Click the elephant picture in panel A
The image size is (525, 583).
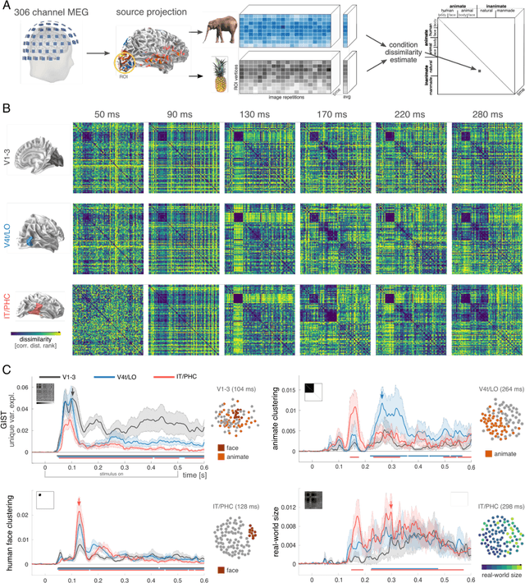(x=221, y=37)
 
